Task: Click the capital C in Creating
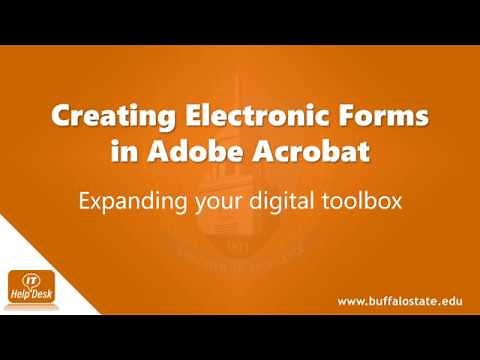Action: point(62,118)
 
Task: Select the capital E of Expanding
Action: point(86,200)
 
